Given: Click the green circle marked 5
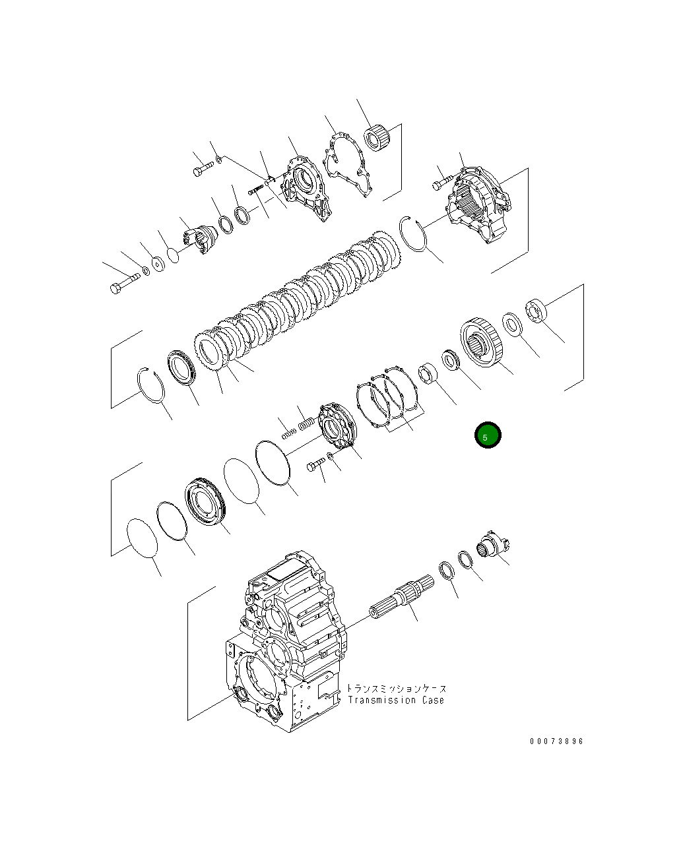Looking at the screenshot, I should tap(488, 435).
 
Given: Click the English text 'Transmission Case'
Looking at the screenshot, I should tap(396, 701).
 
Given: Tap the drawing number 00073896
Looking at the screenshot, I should tap(556, 741).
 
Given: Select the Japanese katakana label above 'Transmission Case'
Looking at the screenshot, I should tap(396, 689).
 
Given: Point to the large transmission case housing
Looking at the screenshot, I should tap(284, 646).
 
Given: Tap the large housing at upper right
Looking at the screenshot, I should tap(480, 205).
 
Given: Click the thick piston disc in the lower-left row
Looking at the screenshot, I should tap(206, 504).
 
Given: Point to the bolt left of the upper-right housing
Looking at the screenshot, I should tap(441, 181).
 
